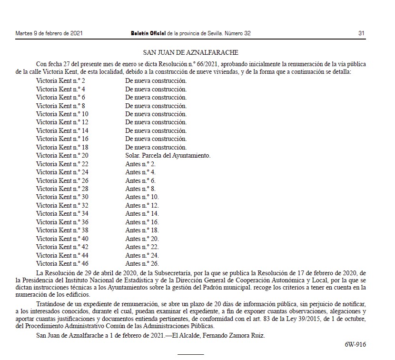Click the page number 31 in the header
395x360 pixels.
[x=361, y=33]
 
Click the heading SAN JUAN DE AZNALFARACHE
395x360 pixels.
[x=191, y=52]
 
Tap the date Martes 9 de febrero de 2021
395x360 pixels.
[x=49, y=33]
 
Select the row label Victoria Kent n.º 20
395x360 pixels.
[x=62, y=156]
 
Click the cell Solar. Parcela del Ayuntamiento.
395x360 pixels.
[x=168, y=156]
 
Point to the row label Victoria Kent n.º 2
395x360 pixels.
[x=60, y=81]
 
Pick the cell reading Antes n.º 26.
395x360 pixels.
[x=142, y=263]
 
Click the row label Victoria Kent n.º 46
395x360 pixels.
[x=62, y=263]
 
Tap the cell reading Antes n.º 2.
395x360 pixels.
[x=140, y=164]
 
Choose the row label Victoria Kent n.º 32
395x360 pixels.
[x=62, y=205]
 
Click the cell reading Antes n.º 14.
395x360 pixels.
[x=142, y=214]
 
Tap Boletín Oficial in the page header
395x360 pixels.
[x=148, y=33]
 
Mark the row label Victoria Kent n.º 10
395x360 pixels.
[x=62, y=114]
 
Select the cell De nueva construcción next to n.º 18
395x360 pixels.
[x=156, y=147]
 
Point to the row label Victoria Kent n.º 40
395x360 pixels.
[x=62, y=239]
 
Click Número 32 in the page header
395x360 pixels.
[x=237, y=33]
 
